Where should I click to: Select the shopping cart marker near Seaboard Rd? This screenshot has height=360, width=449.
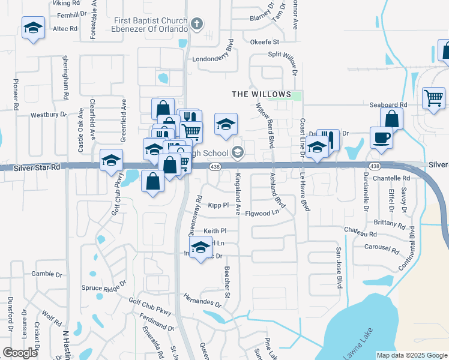tap(433, 97)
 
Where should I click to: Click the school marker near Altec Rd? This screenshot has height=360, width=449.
tap(34, 28)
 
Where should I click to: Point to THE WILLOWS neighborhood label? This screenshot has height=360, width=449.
tap(262, 94)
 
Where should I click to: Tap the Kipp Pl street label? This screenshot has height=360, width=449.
tap(218, 205)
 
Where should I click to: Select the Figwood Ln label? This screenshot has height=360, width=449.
tap(263, 212)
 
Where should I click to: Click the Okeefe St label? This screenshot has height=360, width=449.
tap(265, 42)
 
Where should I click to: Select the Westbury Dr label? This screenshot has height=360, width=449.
tap(48, 114)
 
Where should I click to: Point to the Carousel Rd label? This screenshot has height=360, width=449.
tap(382, 248)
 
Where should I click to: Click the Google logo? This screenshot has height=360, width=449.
tap(20, 353)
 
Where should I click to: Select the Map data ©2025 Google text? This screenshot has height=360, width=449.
tap(411, 355)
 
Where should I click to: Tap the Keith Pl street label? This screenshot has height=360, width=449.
tap(215, 230)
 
